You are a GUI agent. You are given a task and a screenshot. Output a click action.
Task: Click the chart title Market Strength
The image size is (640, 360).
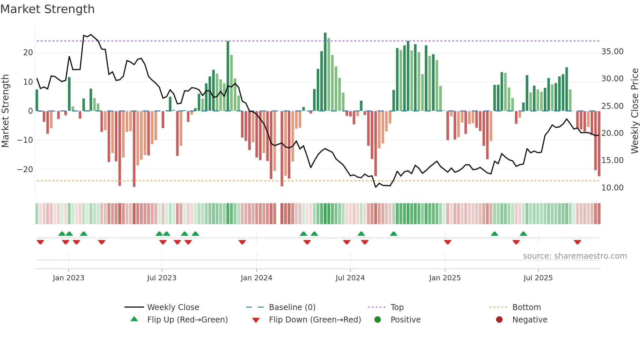coord(47,9)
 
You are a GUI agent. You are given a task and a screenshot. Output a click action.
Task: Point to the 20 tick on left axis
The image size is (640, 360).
coord(28,53)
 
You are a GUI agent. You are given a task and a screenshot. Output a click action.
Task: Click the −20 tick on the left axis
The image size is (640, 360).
coord(25,169)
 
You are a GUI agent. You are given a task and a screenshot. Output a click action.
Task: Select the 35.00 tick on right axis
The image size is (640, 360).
coord(612,52)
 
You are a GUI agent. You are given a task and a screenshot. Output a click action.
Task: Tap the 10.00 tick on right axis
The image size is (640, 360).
coord(612,188)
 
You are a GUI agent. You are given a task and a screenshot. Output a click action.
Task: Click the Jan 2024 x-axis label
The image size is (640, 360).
coord(256,278)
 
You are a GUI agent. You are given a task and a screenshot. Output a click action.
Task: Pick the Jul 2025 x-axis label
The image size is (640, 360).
coord(538,278)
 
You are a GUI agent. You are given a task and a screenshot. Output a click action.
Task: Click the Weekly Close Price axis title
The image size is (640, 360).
coord(634,111)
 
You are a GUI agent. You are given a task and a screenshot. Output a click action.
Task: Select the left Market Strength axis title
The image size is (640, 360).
coord(5,111)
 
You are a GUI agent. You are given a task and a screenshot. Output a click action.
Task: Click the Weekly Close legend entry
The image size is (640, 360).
coord(173,307)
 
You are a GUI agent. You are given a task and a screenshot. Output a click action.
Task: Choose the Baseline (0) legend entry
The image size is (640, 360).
coord(292,307)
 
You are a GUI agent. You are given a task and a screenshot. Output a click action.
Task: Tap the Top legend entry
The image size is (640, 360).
coord(397,307)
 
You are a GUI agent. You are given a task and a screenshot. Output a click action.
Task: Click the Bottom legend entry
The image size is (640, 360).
coord(526,307)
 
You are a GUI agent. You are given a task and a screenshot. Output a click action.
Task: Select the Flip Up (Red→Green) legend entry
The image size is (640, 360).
coord(187,320)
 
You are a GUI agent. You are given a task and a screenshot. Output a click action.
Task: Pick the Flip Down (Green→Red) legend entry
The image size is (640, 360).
coord(315,320)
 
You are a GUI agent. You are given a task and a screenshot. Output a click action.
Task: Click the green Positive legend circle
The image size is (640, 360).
coord(377,320)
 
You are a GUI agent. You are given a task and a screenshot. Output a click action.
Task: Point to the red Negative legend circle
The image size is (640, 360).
coord(499,320)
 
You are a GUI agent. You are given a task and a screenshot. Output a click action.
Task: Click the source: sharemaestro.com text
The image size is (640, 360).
coord(575,256)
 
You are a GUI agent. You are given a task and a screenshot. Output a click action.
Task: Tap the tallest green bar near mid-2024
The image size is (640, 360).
coord(325,72)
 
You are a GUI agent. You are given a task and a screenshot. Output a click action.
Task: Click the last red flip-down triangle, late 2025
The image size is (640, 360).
coord(577,242)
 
